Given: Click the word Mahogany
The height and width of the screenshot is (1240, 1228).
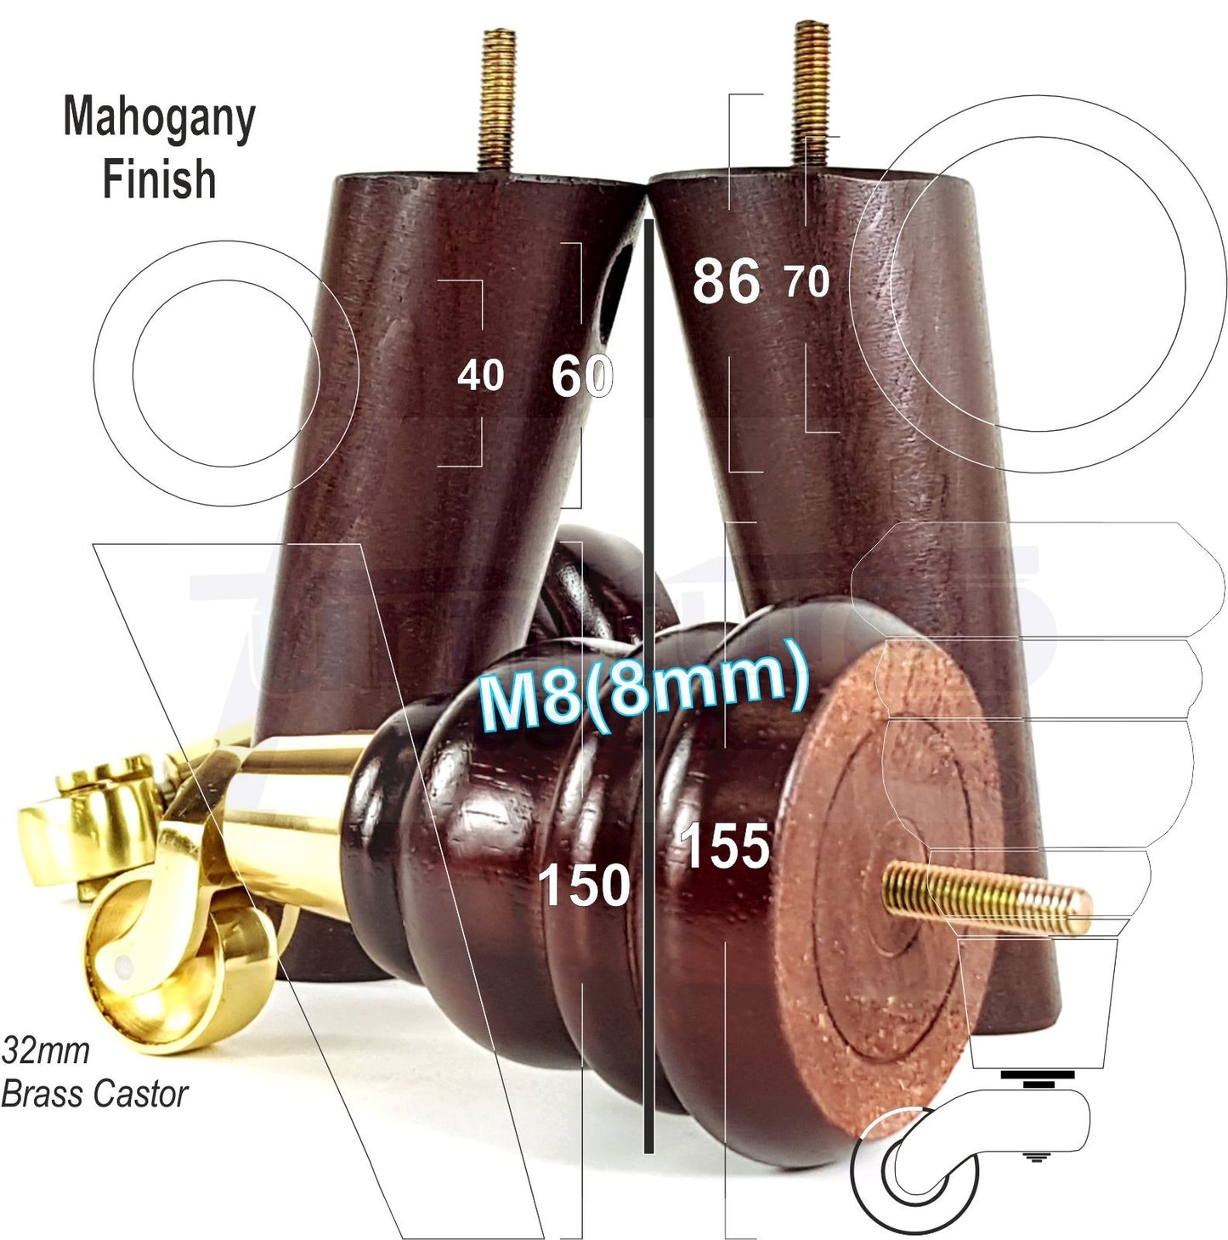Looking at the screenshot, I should tap(159, 119).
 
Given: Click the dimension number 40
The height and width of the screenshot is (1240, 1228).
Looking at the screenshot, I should tap(480, 375).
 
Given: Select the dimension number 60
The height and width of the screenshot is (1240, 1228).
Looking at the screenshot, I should tap(582, 375).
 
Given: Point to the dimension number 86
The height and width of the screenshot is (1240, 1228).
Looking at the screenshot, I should tap(726, 281).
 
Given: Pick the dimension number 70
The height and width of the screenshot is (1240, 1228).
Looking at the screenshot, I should tap(806, 281).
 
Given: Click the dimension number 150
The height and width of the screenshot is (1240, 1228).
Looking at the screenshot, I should tap(585, 885).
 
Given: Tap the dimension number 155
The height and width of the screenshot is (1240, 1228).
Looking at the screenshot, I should tap(724, 846).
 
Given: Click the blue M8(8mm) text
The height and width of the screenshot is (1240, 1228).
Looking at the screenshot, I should tap(643, 685).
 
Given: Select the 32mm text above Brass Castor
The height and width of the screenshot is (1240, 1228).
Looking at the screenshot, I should tap(46, 1050).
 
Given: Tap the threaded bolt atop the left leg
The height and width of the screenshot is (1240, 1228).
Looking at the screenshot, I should tap(496, 100).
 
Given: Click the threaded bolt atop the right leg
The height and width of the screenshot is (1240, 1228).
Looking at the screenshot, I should tap(811, 93).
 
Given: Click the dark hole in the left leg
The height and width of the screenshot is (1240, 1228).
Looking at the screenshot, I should tap(619, 289).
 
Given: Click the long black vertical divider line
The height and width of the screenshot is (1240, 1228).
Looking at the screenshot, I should tap(649, 680).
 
